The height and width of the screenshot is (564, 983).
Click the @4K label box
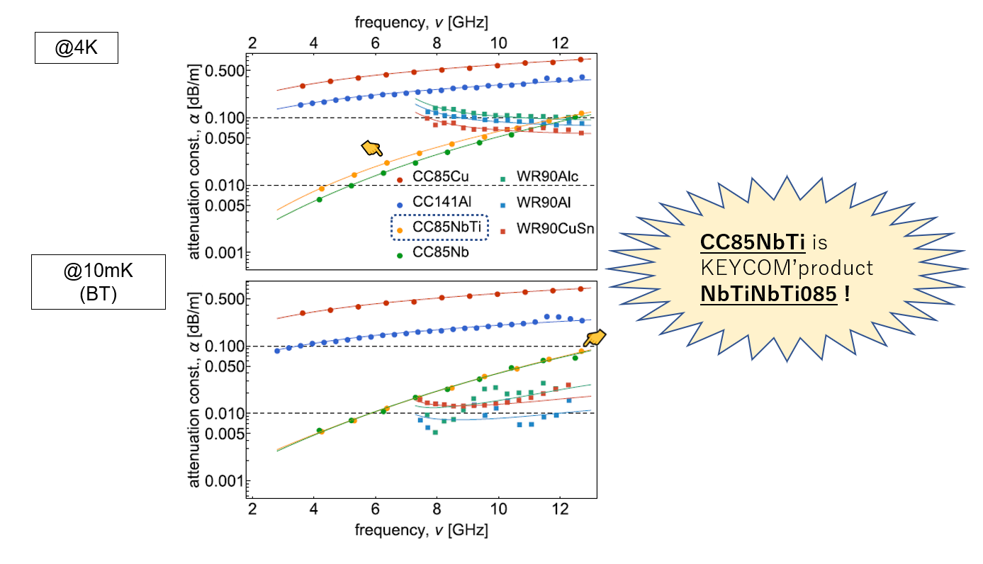pyautogui.click(x=76, y=50)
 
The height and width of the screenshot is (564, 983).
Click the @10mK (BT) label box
pyautogui.click(x=98, y=282)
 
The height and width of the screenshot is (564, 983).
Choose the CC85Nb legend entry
pyautogui.click(x=440, y=252)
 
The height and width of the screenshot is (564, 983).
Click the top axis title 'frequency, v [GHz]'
pyautogui.click(x=422, y=22)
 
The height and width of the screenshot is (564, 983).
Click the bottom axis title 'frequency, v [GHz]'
pyautogui.click(x=422, y=530)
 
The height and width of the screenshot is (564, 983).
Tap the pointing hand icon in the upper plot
pyautogui.click(x=372, y=147)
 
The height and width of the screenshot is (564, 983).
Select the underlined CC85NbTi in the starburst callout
pyautogui.click(x=753, y=243)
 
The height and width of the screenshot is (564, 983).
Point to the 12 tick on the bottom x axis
pyautogui.click(x=560, y=509)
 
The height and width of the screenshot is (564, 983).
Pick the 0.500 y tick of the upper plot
pyautogui.click(x=225, y=71)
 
